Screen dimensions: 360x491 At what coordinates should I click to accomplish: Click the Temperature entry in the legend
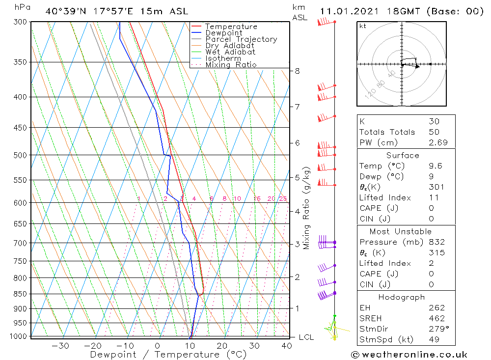click(231, 27)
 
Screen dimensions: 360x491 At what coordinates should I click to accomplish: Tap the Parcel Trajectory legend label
click(241, 39)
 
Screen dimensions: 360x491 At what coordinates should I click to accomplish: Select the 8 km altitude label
click(297, 71)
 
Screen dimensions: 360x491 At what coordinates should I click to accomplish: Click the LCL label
click(306, 337)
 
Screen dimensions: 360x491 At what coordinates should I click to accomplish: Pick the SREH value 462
click(436, 318)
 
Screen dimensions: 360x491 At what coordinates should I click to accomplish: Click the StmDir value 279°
click(437, 329)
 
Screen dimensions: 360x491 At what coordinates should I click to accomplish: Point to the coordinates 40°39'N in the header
click(66, 11)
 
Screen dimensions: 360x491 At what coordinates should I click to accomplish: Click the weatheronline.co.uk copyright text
click(409, 355)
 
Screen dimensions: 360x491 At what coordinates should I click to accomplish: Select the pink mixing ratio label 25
click(283, 198)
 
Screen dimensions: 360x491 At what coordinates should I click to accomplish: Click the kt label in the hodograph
click(363, 26)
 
